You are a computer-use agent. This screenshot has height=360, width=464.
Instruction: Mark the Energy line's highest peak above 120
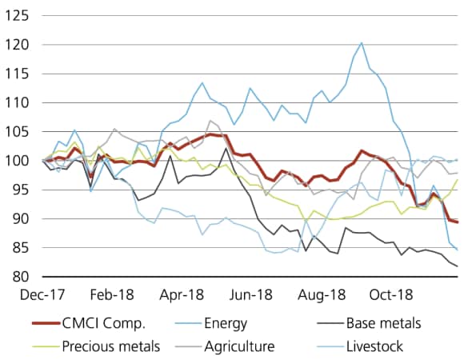click(x=362, y=43)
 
